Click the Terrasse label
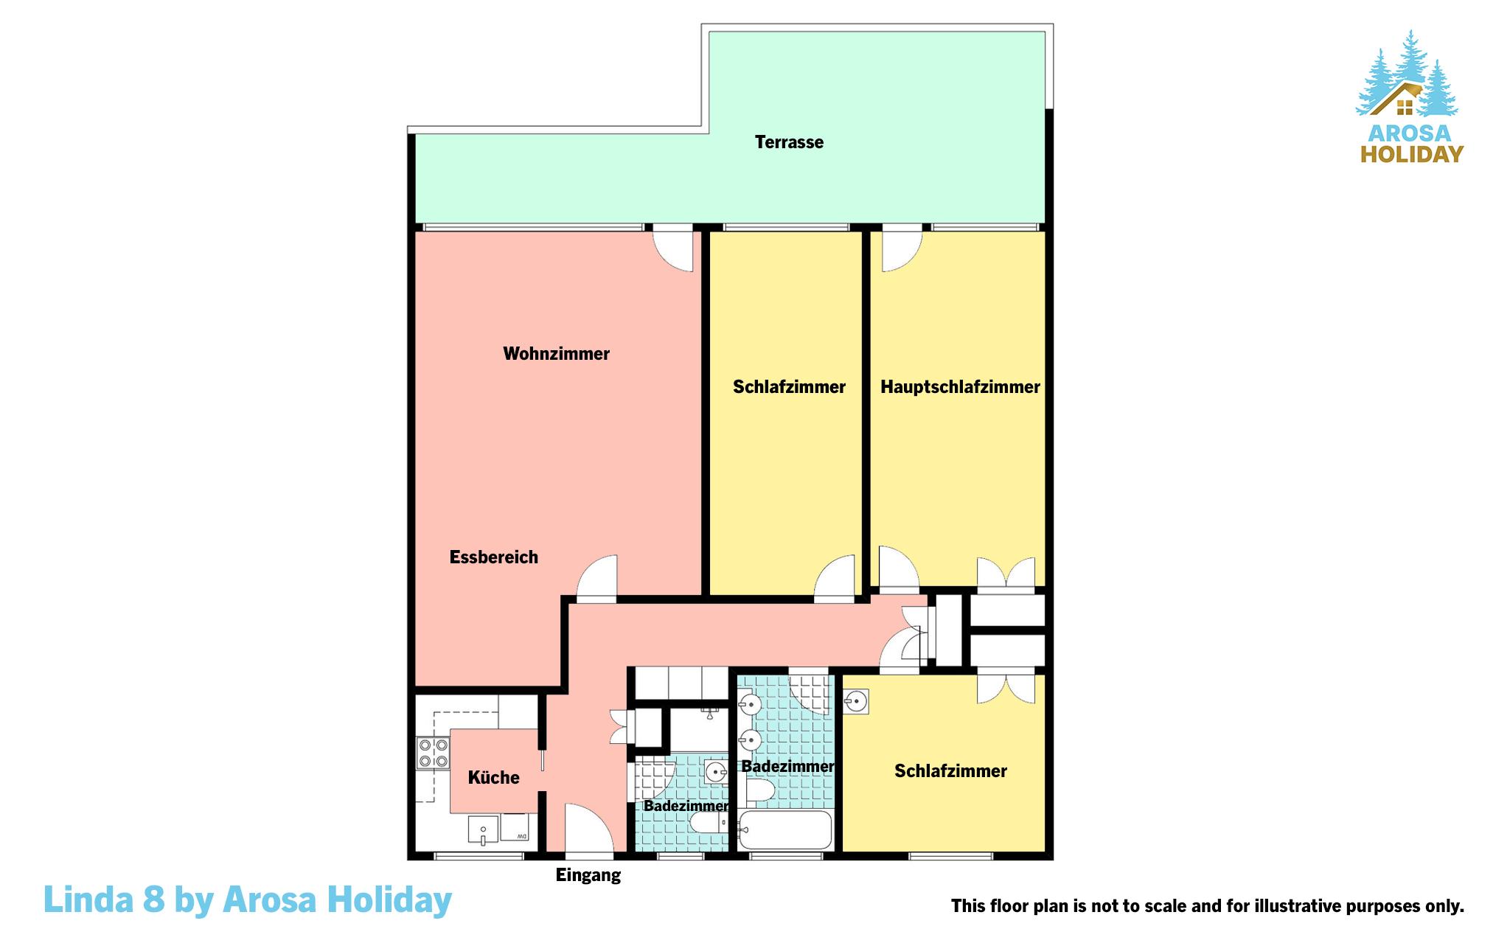click(789, 142)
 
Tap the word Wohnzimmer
click(556, 354)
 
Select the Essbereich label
click(494, 557)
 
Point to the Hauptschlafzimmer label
click(960, 387)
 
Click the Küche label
click(494, 777)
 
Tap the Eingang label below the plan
click(588, 876)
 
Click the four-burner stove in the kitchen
click(433, 753)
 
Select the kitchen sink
click(483, 829)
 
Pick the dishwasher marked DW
click(519, 827)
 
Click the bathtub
click(785, 830)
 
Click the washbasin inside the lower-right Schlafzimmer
click(856, 701)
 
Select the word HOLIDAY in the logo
click(1411, 154)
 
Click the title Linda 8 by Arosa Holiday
click(248, 899)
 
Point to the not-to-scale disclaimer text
click(1207, 906)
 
